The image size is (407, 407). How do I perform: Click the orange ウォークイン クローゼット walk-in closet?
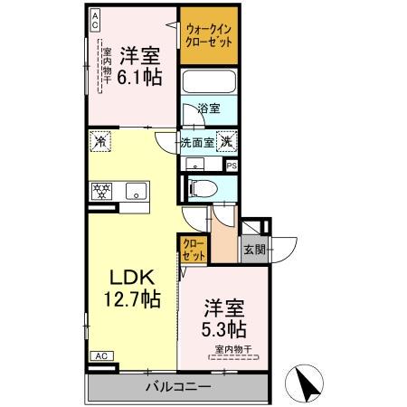tap(210, 36)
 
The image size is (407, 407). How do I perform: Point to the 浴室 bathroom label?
tap(209, 109)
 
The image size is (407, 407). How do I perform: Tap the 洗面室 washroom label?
tap(196, 142)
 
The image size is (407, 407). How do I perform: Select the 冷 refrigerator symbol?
tap(99, 141)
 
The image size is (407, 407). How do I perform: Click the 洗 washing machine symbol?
tap(229, 141)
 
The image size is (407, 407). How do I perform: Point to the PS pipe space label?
tap(232, 166)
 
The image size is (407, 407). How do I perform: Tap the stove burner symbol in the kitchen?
tap(99, 190)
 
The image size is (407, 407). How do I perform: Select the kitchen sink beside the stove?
tap(136, 190)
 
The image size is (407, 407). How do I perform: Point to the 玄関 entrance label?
tap(251, 251)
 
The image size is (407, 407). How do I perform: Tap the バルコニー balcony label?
tap(178, 387)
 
